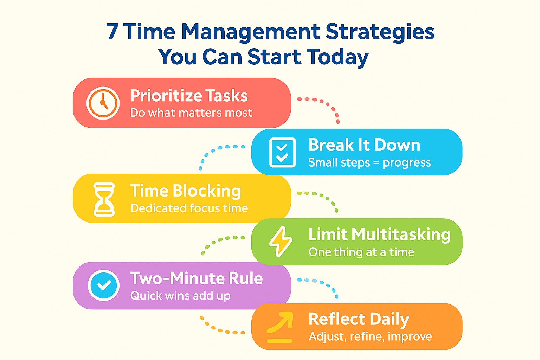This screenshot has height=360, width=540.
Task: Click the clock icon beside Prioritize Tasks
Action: pyautogui.click(x=103, y=103)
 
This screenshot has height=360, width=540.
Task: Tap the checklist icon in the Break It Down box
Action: pyautogui.click(x=282, y=153)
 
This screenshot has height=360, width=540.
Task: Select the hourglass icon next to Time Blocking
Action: pyautogui.click(x=104, y=199)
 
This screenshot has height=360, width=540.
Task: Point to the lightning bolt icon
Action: pyautogui.click(x=281, y=241)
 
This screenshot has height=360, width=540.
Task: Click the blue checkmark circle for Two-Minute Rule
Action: pyautogui.click(x=104, y=285)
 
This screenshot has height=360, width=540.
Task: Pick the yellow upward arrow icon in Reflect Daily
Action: pyautogui.click(x=280, y=327)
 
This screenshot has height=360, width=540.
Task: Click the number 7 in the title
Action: pyautogui.click(x=112, y=32)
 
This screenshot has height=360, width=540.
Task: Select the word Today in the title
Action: pyautogui.click(x=337, y=57)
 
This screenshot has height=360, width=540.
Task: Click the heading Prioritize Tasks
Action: pyautogui.click(x=189, y=96)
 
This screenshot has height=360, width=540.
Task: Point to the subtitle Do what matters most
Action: pyautogui.click(x=191, y=113)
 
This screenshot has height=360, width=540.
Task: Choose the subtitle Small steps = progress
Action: pyautogui.click(x=369, y=162)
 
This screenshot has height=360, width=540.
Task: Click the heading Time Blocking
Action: pyautogui.click(x=186, y=191)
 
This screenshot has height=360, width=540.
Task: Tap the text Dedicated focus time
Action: pyautogui.click(x=189, y=208)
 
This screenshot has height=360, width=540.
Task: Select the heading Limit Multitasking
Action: pyautogui.click(x=379, y=234)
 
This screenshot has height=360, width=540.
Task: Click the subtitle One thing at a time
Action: pyautogui.click(x=361, y=252)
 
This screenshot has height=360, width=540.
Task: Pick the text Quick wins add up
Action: pyautogui.click(x=180, y=296)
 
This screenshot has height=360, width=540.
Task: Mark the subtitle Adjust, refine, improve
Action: pyautogui.click(x=370, y=336)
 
